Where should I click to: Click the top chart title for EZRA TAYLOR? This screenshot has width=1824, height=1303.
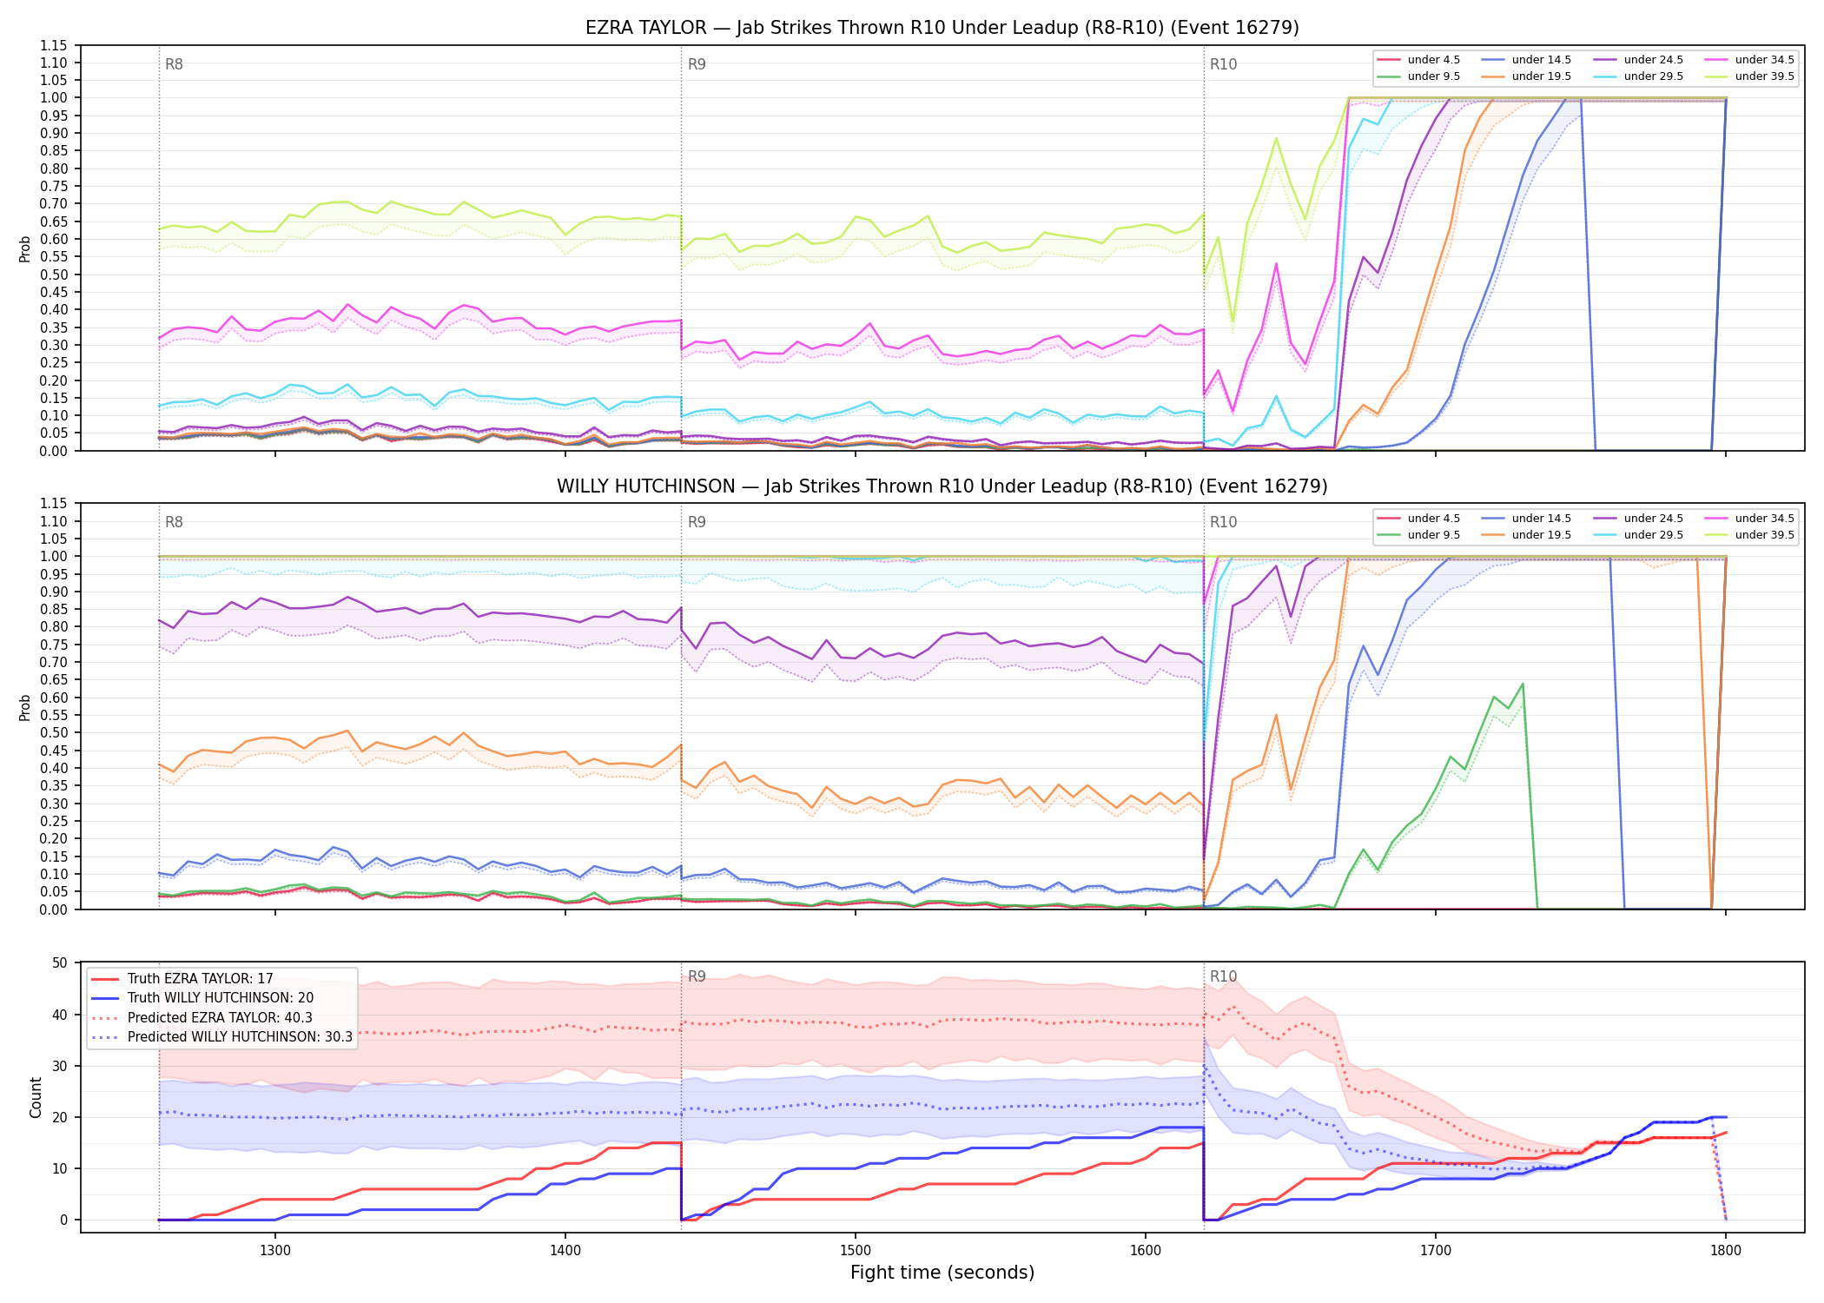[x=942, y=28]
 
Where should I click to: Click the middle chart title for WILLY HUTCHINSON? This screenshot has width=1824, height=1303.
[x=942, y=486]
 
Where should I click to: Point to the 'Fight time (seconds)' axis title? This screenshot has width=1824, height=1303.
[x=942, y=1273]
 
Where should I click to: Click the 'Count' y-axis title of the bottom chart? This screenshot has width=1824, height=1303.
[x=36, y=1097]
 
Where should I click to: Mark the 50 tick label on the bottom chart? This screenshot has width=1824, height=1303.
[x=60, y=962]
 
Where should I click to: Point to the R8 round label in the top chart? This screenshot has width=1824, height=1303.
[x=174, y=64]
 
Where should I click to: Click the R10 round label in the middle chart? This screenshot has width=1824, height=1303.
[x=1223, y=522]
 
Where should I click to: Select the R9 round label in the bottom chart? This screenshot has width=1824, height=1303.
[x=697, y=976]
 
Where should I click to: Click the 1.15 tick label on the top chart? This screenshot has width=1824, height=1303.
[x=55, y=45]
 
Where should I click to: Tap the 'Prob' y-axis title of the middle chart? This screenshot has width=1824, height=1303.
[x=25, y=707]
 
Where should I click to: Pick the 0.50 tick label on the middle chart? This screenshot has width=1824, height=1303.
[x=55, y=732]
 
